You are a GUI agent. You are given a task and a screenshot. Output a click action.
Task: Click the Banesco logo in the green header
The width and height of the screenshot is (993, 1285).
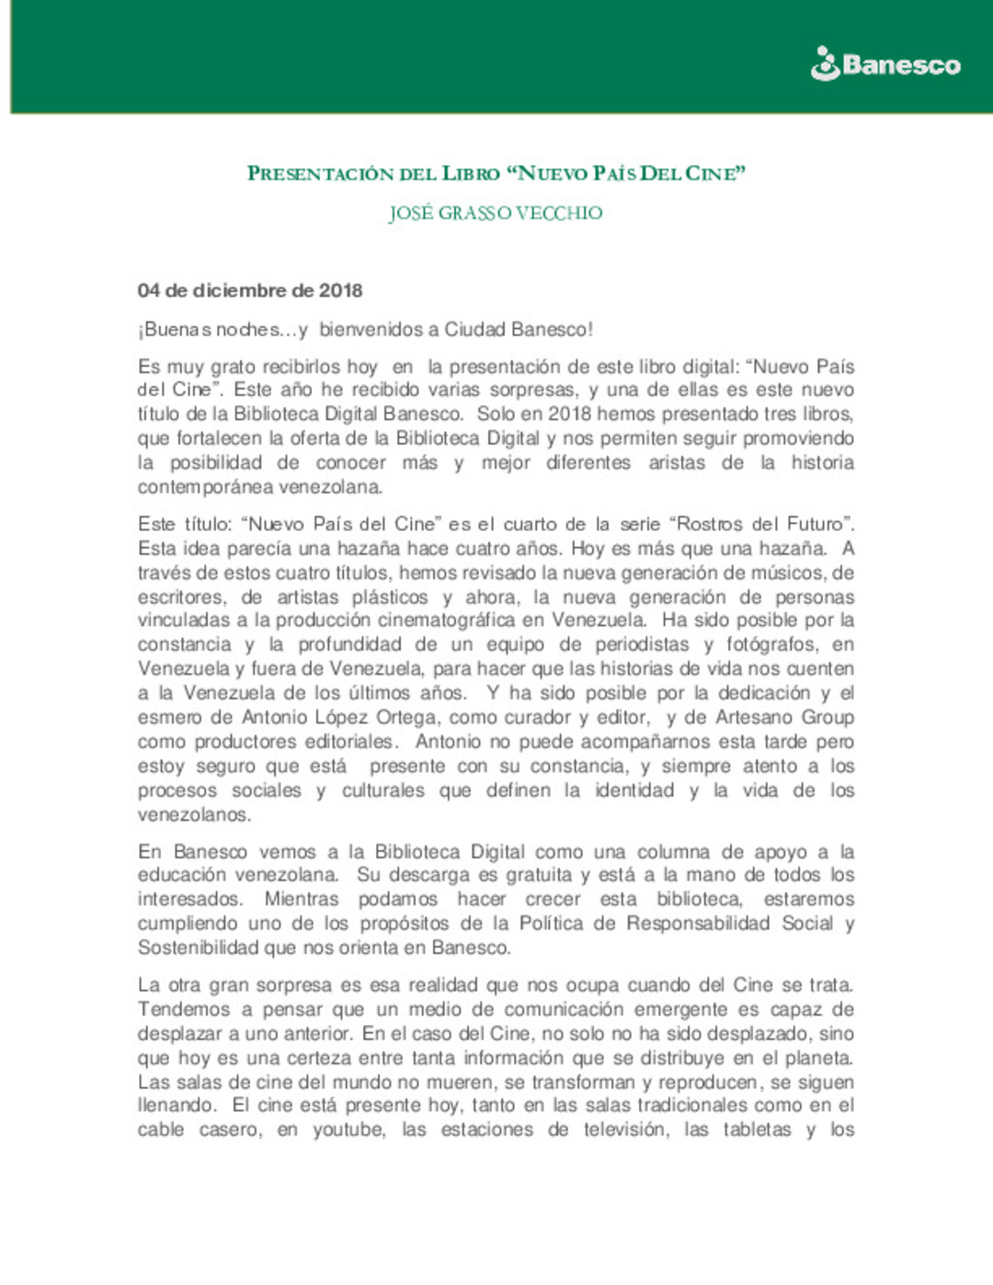tap(885, 64)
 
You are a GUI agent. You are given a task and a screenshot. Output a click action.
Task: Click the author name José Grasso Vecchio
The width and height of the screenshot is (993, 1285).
tap(496, 213)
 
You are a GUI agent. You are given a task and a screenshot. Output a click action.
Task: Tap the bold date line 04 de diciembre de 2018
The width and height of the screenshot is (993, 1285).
tap(250, 290)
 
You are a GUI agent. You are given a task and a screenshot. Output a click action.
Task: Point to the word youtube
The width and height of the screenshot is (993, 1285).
tap(348, 1130)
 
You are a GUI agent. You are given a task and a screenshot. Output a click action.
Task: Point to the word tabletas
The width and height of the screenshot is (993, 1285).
tap(757, 1130)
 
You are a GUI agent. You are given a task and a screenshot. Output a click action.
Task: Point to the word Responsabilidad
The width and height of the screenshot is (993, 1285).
tap(698, 924)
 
